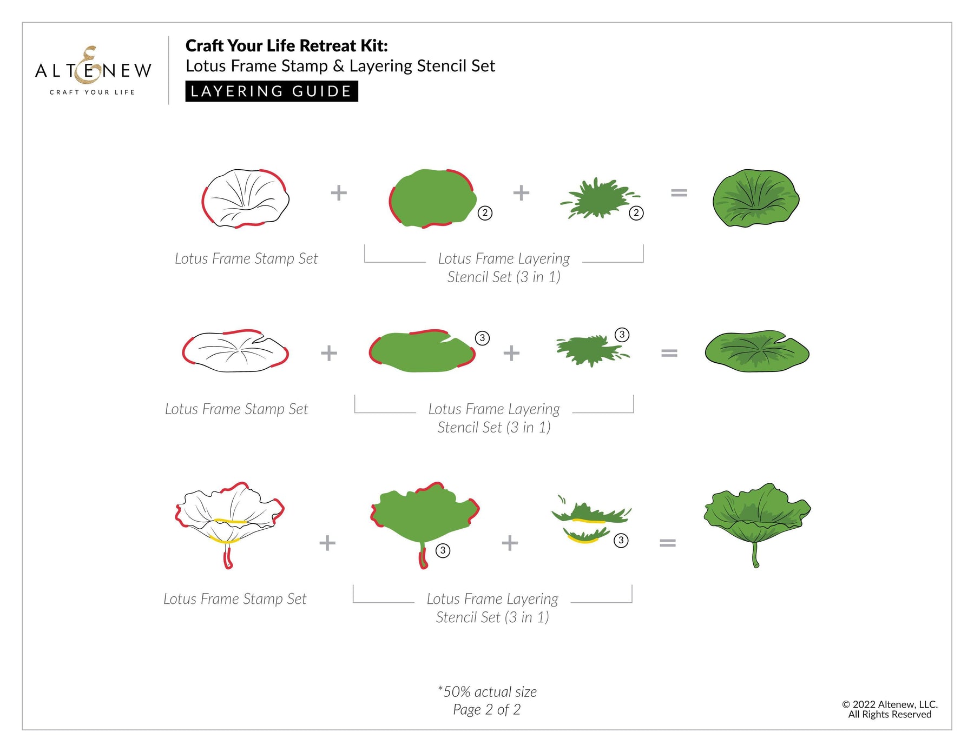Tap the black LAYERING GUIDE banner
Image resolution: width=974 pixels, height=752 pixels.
point(272,91)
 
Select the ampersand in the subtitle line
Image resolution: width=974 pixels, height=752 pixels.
point(339,66)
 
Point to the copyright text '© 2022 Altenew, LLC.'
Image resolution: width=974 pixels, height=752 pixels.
point(890,704)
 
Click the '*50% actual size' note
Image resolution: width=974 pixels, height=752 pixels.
point(487,691)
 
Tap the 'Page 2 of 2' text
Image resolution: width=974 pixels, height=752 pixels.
point(487,709)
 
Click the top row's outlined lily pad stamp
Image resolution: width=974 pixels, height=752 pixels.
point(246,198)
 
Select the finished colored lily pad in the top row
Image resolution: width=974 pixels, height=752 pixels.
point(756,198)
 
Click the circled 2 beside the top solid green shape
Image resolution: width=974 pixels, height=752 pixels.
point(485,213)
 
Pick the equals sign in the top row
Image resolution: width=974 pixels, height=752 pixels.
point(679,192)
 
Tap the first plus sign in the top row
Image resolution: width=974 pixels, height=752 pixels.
point(339,192)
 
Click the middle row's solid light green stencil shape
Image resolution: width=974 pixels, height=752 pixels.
point(422,350)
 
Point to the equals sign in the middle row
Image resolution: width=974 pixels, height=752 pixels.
point(669,353)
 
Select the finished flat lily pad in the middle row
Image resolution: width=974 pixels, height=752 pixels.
point(757,351)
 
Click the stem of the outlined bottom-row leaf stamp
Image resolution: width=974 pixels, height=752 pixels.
point(228,556)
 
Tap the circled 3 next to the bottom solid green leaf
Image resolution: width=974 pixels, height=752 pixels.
point(443,551)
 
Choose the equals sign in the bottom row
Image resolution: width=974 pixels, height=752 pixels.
point(668,543)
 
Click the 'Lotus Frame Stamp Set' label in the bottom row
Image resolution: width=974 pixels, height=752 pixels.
point(235,599)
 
